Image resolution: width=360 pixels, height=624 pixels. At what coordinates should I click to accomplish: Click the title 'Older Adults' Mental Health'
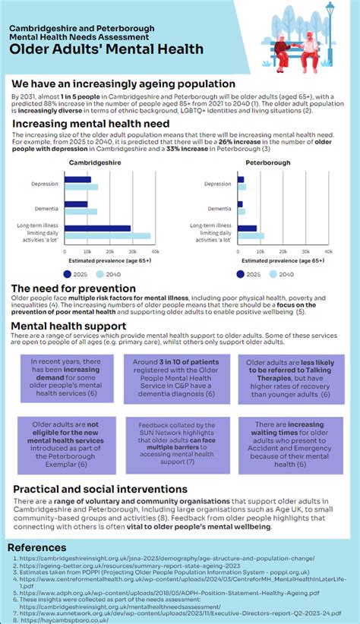point(106,49)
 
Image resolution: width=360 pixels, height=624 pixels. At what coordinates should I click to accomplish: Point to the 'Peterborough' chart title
point(268,162)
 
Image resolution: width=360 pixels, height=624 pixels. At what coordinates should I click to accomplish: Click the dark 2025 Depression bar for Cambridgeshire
point(77,180)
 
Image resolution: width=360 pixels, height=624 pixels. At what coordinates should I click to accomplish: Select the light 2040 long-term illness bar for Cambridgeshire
point(107,236)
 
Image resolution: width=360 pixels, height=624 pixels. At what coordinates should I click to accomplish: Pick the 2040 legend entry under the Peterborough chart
point(282,274)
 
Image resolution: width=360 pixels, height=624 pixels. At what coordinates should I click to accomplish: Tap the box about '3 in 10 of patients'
point(178,377)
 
